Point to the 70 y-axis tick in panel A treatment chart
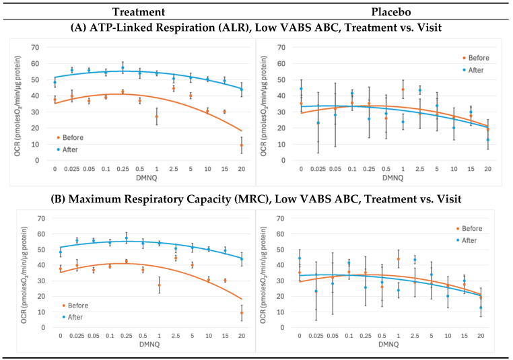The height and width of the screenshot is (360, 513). (x=44, y=48)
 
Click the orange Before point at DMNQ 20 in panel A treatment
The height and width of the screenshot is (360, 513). (x=241, y=145)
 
